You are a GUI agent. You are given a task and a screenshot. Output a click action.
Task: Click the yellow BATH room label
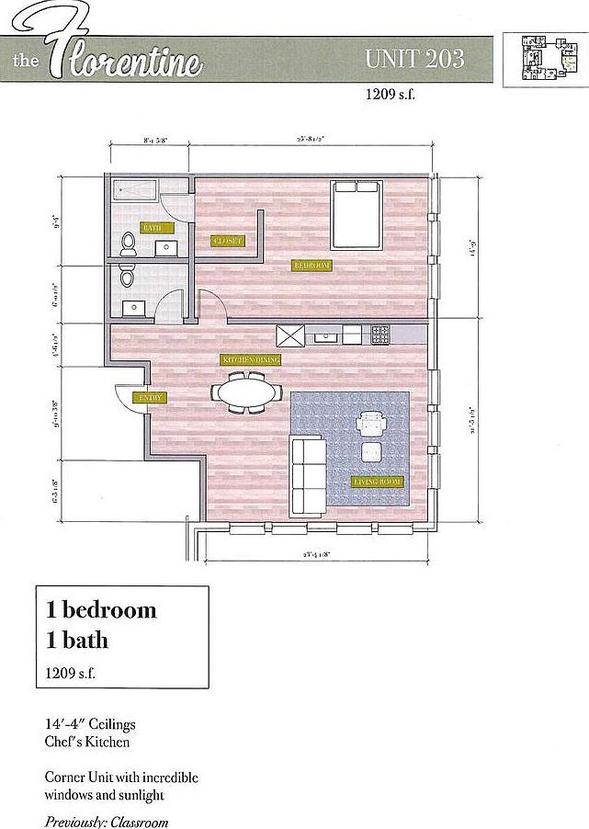pyautogui.click(x=152, y=226)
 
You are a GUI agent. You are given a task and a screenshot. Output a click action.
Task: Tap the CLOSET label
pyautogui.click(x=227, y=241)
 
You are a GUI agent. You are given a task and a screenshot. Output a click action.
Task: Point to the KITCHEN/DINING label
pyautogui.click(x=249, y=359)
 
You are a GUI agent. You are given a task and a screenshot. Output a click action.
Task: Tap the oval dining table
pyautogui.click(x=247, y=392)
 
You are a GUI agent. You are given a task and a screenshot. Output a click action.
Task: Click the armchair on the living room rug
pyautogui.click(x=372, y=425)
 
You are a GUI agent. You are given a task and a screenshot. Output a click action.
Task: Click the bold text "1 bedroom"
pyautogui.click(x=101, y=609)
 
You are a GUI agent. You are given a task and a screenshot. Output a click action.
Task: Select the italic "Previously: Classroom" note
pyautogui.click(x=107, y=822)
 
